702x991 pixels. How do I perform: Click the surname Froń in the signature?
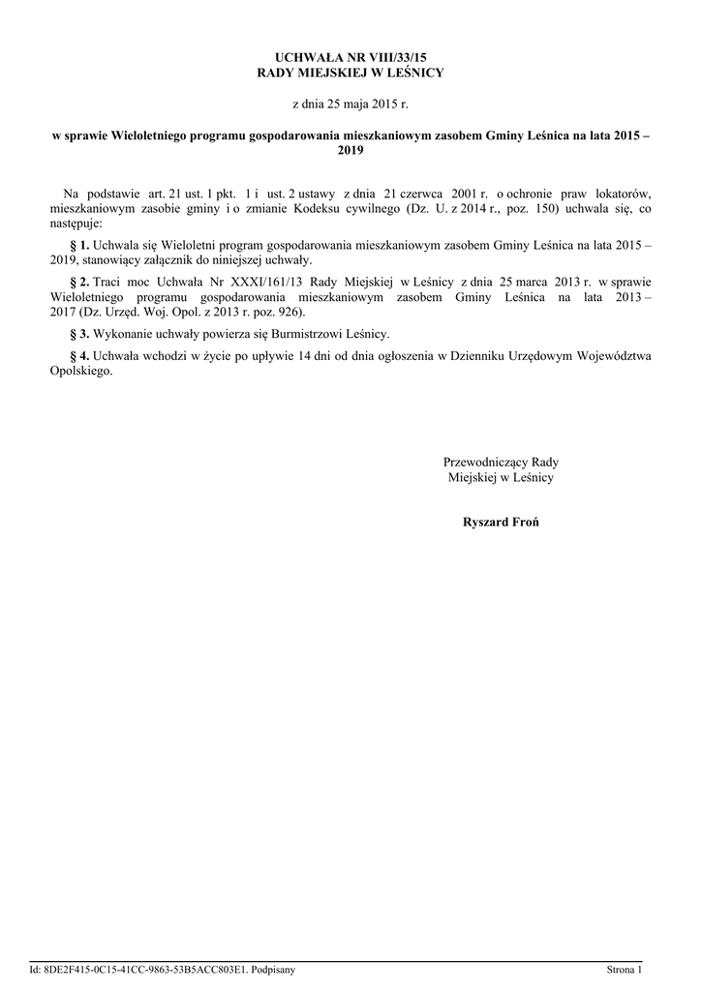click(523, 523)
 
